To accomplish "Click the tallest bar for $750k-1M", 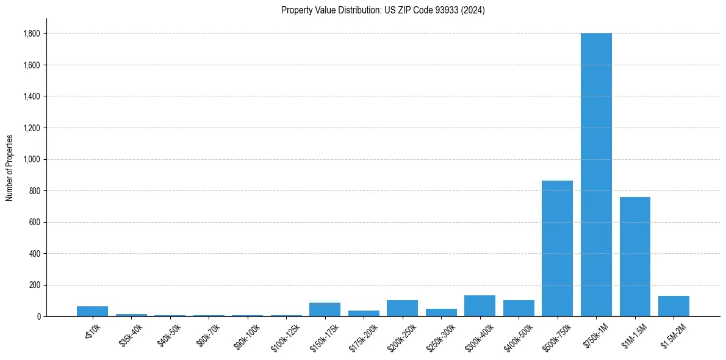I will pyautogui.click(x=596, y=175).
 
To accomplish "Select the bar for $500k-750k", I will pyautogui.click(x=557, y=248).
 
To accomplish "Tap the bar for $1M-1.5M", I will pyautogui.click(x=634, y=256).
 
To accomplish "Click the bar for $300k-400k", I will pyautogui.click(x=480, y=306).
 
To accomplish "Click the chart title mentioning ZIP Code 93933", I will pyautogui.click(x=383, y=10).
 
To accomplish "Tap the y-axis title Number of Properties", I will pyautogui.click(x=9, y=167).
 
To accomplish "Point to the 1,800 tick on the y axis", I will pyautogui.click(x=32, y=34).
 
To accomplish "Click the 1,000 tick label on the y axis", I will pyautogui.click(x=32, y=159).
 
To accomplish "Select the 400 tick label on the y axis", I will pyautogui.click(x=35, y=254).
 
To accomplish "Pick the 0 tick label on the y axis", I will pyautogui.click(x=38, y=317).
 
